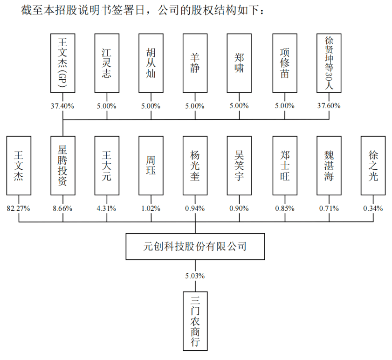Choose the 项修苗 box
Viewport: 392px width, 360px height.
(284, 62)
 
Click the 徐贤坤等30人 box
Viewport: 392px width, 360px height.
(329, 62)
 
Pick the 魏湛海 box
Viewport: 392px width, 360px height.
(329, 165)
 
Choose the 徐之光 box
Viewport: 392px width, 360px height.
(373, 165)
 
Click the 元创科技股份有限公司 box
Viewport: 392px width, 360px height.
(195, 246)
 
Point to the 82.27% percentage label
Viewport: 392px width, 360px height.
(19, 208)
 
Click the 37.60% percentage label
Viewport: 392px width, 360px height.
(329, 106)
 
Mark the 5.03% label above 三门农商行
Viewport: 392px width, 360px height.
(195, 275)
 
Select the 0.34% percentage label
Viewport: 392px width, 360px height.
(373, 208)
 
